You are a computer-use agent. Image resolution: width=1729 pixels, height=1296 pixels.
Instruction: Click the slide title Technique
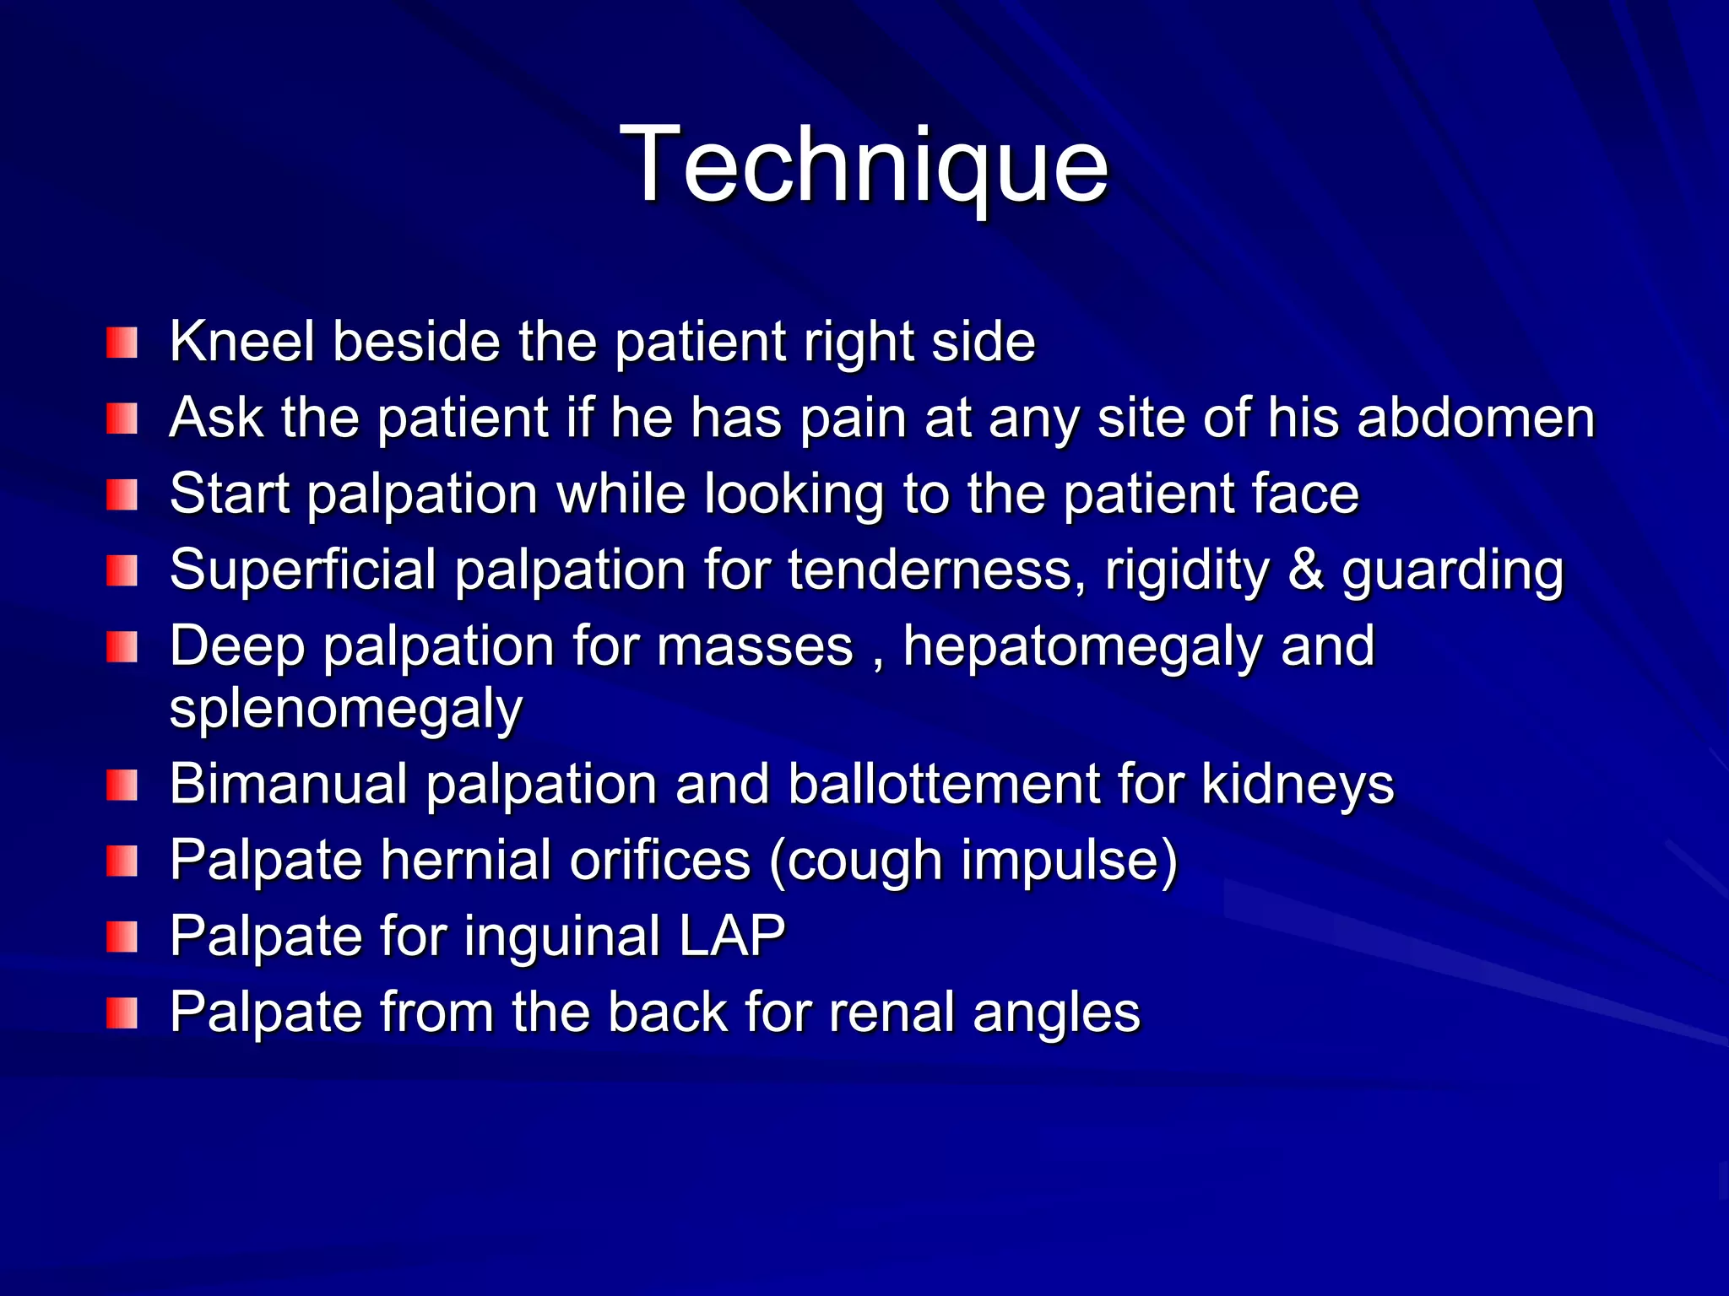864,165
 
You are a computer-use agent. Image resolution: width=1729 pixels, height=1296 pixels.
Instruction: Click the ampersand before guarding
1305,570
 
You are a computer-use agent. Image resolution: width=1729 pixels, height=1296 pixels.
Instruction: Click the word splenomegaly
346,710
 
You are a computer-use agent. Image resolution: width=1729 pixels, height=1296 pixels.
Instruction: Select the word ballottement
944,784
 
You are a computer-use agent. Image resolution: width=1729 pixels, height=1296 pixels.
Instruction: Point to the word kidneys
1297,784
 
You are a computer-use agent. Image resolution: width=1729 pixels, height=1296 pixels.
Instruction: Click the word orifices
659,861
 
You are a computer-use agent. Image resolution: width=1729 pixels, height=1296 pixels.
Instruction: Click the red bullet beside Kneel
122,343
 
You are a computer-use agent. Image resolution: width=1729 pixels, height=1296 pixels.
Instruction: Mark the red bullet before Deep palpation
122,648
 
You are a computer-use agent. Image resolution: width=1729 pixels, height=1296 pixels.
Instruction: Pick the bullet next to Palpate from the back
122,1013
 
